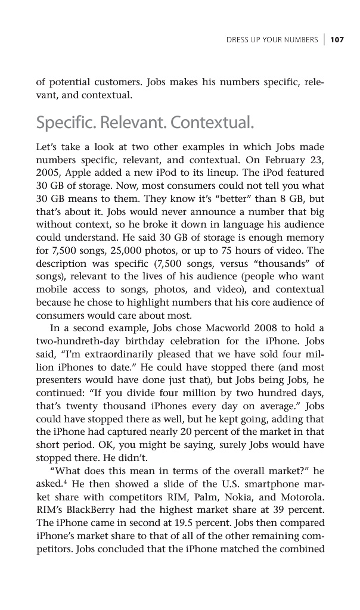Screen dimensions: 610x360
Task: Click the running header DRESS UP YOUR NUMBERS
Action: (272, 40)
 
